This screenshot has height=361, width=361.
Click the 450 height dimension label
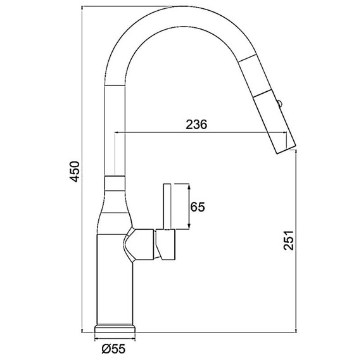point(75,172)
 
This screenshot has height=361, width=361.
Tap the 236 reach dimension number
point(196,125)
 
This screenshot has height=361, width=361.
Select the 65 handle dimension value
point(198,207)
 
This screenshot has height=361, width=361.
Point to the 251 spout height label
point(289,240)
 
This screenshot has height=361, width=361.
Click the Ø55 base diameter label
point(113,349)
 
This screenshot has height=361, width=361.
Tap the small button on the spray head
point(279,103)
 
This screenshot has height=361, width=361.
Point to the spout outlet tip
point(286,149)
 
